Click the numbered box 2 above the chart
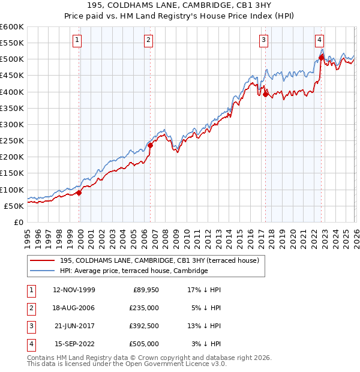[x=148, y=40]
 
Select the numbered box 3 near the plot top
[x=263, y=40]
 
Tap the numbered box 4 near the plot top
[x=319, y=40]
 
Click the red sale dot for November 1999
[x=79, y=193]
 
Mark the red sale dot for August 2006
[x=151, y=145]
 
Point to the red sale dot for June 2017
[x=265, y=94]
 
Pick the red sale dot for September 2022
[x=321, y=57]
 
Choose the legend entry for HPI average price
[x=133, y=271]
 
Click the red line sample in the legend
[x=43, y=260]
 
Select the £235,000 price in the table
[x=145, y=308]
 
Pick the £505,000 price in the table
[x=145, y=344]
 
